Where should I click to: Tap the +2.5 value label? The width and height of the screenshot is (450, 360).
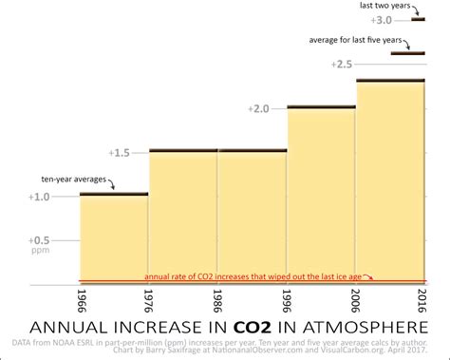point(343,64)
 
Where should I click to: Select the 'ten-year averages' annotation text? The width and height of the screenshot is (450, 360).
point(72,179)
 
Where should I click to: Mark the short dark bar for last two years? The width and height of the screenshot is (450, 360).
point(418,19)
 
